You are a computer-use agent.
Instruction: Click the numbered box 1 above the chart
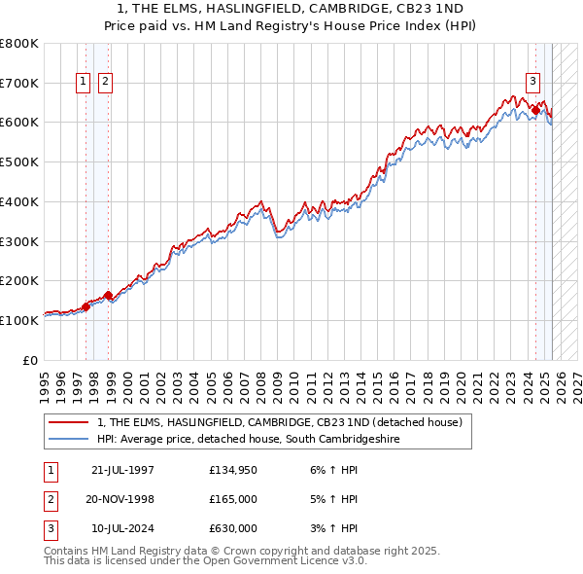[85, 82]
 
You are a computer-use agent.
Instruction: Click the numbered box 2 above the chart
[104, 82]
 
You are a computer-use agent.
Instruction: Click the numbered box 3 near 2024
[533, 82]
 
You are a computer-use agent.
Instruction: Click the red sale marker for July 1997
[86, 306]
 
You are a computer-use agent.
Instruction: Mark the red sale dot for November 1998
[108, 295]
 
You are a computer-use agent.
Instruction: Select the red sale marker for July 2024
[535, 111]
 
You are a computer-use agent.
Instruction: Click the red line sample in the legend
[67, 422]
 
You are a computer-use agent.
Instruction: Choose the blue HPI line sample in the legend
[67, 440]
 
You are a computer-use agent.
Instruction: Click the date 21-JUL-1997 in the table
[122, 471]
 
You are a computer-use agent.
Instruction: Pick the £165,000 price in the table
[233, 499]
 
